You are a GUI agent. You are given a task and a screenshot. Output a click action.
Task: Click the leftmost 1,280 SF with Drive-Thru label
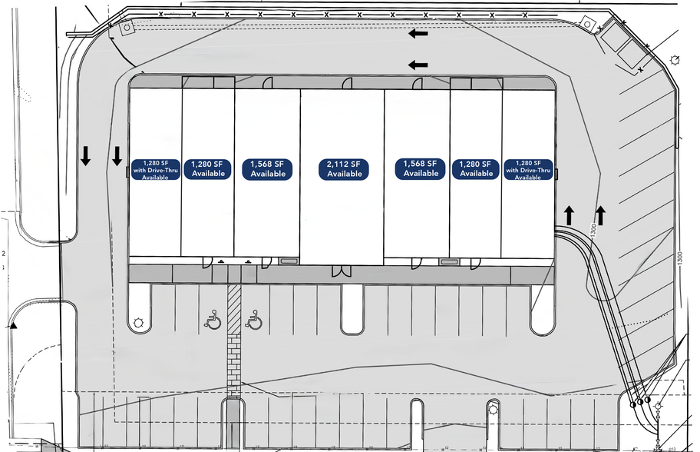[x=155, y=169]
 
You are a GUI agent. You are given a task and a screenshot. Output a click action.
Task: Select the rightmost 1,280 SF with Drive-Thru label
[x=528, y=169]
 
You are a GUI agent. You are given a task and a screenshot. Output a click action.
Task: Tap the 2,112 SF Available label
[x=345, y=169]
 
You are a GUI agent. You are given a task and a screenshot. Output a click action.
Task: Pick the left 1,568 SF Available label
[x=268, y=169]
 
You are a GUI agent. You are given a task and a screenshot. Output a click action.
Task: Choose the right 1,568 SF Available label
[x=421, y=169]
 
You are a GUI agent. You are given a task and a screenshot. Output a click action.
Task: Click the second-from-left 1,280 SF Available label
[x=209, y=169]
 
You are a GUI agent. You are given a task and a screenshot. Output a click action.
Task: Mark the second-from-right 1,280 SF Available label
[x=476, y=169]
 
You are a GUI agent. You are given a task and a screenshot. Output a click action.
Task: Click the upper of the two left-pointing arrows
[x=418, y=34]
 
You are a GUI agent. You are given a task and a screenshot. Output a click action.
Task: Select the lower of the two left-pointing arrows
[x=418, y=65]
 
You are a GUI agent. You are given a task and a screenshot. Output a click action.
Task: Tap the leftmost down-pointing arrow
[x=86, y=156]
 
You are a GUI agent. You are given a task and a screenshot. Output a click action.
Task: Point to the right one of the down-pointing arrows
[x=117, y=156]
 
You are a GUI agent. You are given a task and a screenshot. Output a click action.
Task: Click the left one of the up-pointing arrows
[x=569, y=215]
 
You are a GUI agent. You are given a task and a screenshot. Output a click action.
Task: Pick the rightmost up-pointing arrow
[x=600, y=215]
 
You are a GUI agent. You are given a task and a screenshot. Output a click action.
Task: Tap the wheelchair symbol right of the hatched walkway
[x=253, y=320]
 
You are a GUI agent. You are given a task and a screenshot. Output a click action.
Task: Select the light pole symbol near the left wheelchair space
[x=139, y=323]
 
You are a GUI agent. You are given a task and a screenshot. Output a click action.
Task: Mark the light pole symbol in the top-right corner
[x=675, y=59]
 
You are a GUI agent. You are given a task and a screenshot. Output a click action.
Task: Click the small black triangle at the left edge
[x=13, y=327]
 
